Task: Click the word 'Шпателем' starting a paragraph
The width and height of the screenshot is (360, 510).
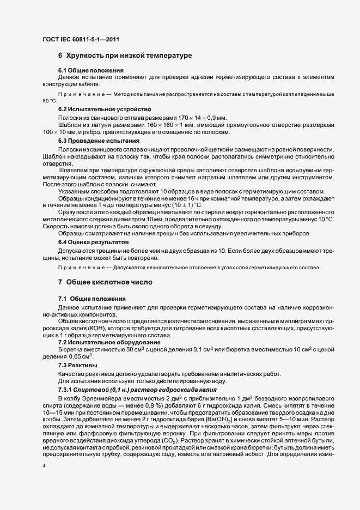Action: (x=73, y=170)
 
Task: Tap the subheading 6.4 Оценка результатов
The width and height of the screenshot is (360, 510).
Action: (x=94, y=241)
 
